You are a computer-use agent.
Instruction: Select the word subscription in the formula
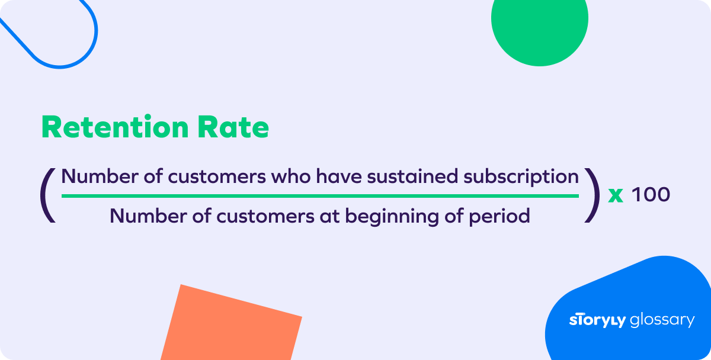pos(521,176)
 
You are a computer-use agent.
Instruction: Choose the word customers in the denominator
pos(265,217)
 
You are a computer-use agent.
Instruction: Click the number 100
pos(651,194)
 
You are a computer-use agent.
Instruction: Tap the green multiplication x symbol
pos(616,195)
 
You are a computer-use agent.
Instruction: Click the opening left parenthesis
pos(47,195)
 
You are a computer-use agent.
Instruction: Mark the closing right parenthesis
pos(592,195)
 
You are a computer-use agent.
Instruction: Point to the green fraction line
pos(320,195)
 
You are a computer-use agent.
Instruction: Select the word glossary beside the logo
pos(662,320)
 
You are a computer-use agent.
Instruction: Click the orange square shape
pos(231,324)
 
